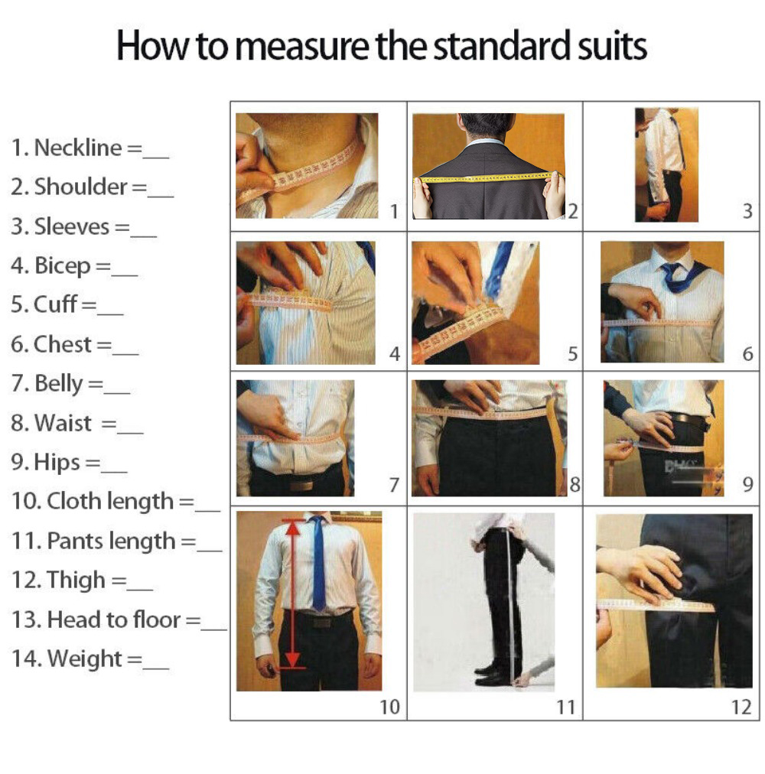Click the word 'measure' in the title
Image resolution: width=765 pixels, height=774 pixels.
(304, 45)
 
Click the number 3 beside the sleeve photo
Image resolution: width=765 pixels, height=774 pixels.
(747, 211)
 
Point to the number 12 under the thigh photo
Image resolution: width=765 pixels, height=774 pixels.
(741, 707)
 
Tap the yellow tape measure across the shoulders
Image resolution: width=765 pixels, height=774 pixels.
(489, 177)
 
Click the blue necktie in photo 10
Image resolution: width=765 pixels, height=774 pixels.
(318, 563)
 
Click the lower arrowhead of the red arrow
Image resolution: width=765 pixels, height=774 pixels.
(293, 660)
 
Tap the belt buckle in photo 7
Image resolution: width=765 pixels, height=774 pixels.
(301, 486)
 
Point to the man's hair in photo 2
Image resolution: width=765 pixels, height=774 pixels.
(486, 125)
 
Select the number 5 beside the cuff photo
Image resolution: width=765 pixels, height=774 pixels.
(572, 354)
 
